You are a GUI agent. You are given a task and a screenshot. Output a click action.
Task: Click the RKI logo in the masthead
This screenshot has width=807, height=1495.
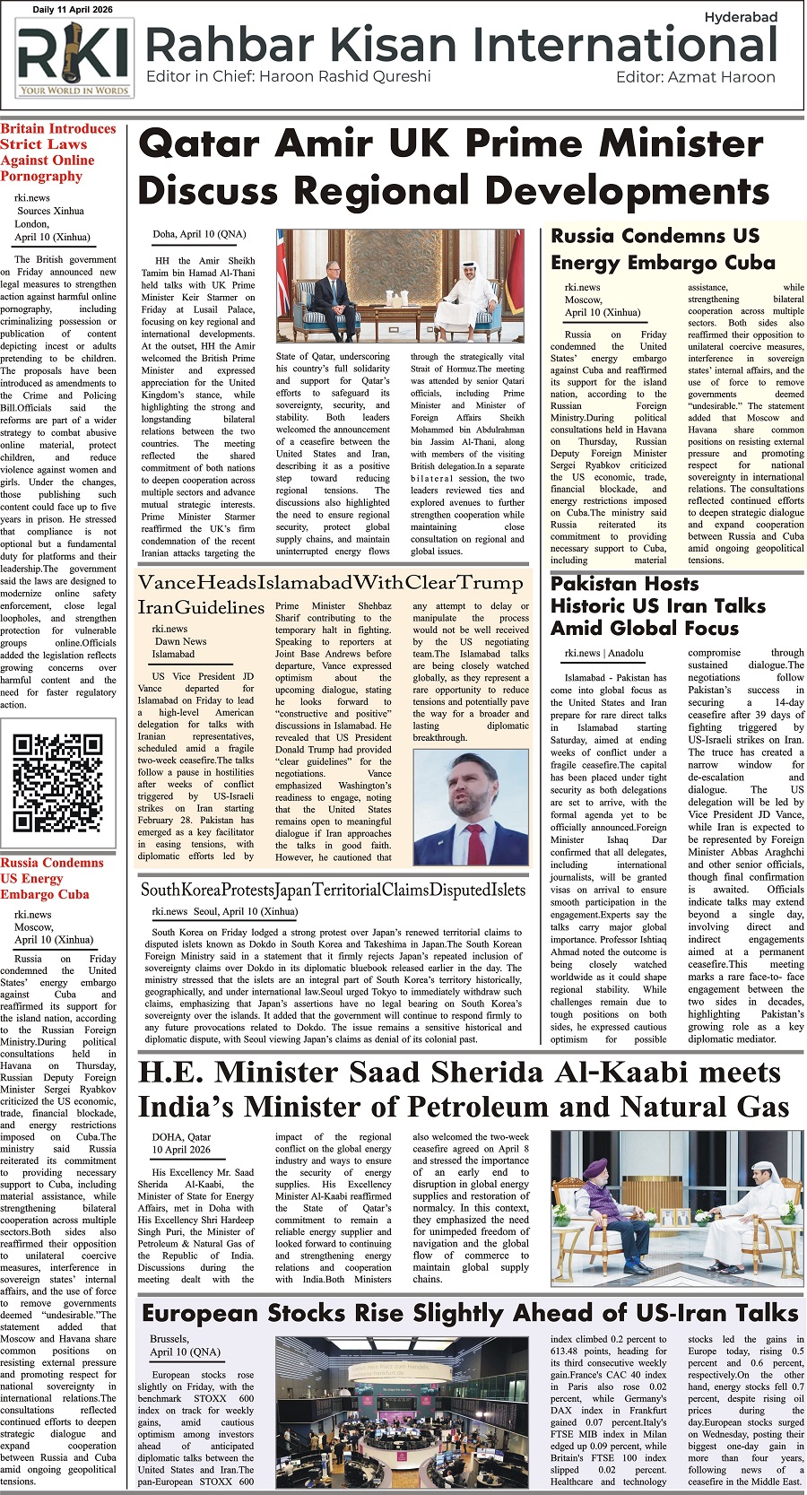(x=74, y=58)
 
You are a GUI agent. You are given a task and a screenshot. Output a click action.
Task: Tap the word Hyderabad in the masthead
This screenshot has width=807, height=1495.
(x=741, y=17)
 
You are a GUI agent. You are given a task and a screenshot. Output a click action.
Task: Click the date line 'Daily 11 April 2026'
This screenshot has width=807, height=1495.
(x=73, y=9)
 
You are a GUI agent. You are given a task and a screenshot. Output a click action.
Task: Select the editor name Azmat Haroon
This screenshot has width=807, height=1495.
(x=722, y=77)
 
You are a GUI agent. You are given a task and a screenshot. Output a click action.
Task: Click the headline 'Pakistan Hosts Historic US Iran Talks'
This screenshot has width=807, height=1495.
(x=658, y=605)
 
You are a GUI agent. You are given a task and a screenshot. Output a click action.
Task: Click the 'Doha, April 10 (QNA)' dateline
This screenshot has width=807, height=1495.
(x=199, y=234)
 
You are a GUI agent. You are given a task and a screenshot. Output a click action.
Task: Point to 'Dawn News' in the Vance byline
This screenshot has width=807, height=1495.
(x=180, y=641)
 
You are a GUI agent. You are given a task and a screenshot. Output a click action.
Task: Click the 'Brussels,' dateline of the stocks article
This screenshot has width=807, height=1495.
(x=169, y=1339)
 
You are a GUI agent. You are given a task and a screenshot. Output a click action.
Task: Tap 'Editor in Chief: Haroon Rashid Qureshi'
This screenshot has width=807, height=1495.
(x=288, y=77)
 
